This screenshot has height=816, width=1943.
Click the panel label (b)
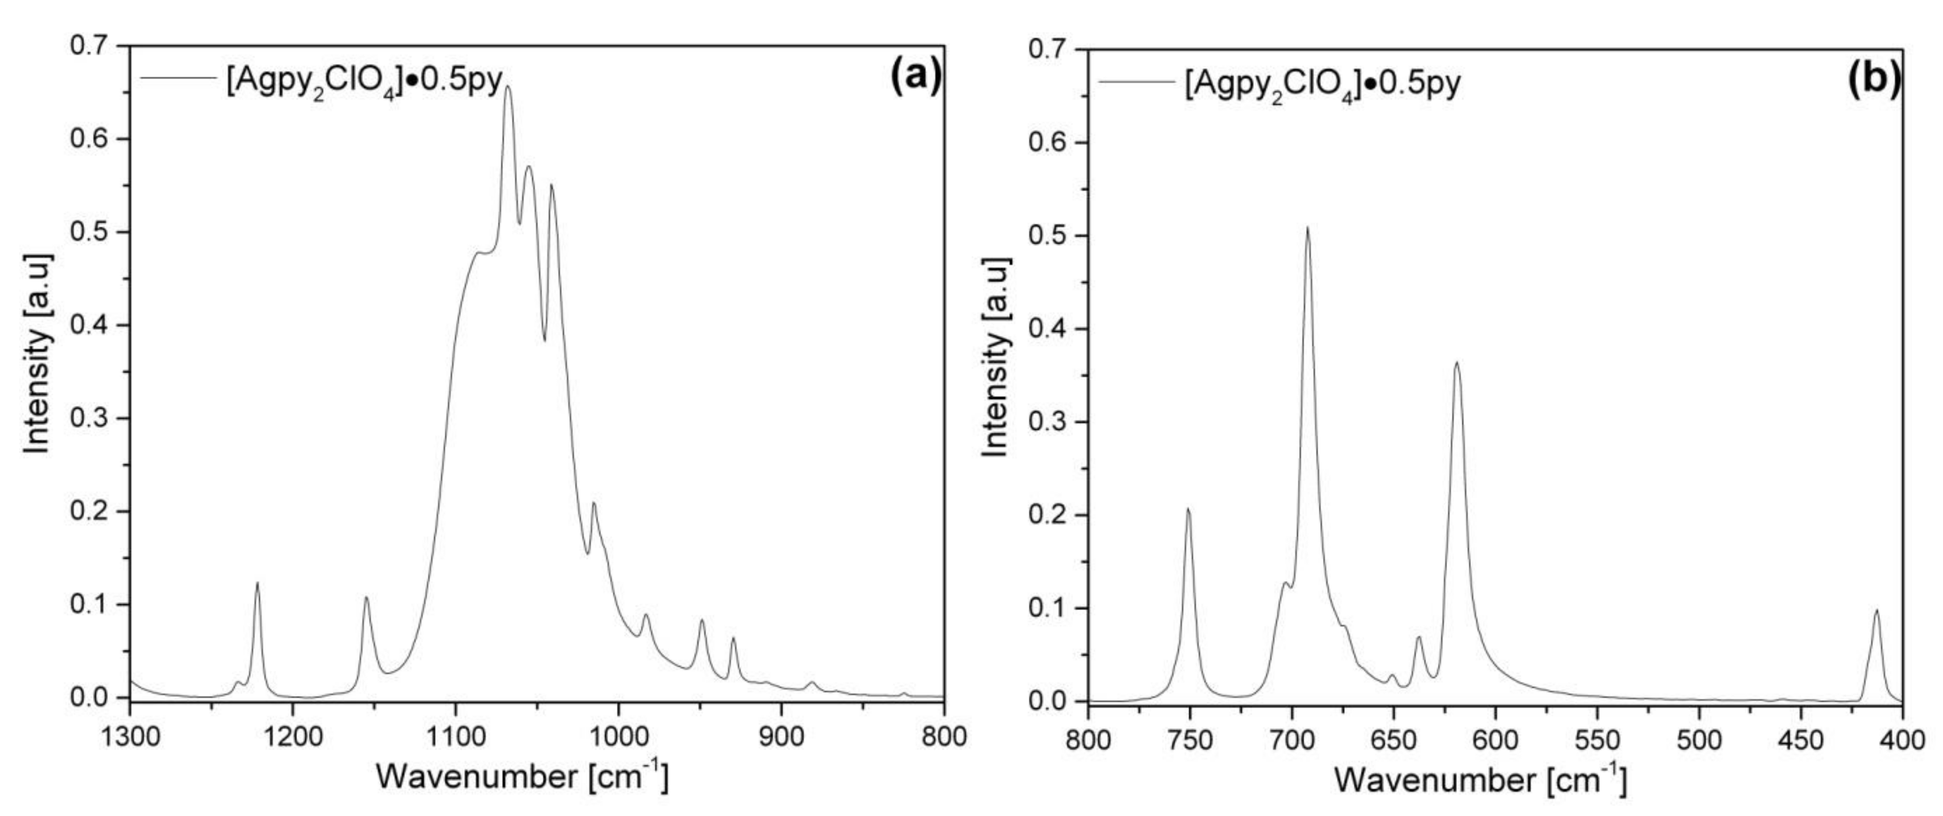click(1874, 80)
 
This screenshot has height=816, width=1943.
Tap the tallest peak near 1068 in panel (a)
click(508, 88)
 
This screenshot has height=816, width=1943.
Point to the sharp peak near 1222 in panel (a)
click(257, 583)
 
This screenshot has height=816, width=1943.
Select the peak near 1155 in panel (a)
click(367, 599)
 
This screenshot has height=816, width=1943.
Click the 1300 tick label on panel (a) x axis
click(130, 735)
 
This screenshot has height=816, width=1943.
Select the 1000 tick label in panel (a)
click(619, 735)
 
